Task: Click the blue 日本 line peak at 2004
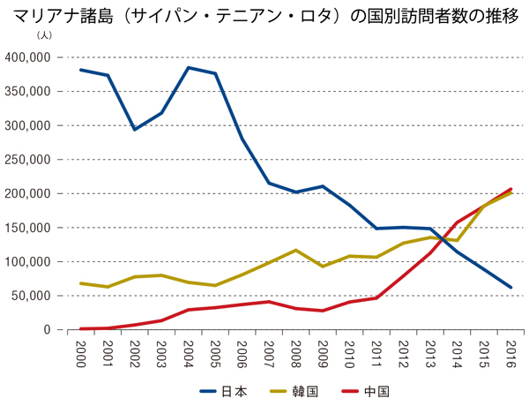(188, 68)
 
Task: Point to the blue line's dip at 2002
(134, 130)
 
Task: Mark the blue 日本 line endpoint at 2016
(510, 287)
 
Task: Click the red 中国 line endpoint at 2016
(510, 189)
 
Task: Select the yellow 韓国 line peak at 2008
(295, 250)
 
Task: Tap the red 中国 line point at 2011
(376, 297)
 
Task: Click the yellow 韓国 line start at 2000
(80, 283)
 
